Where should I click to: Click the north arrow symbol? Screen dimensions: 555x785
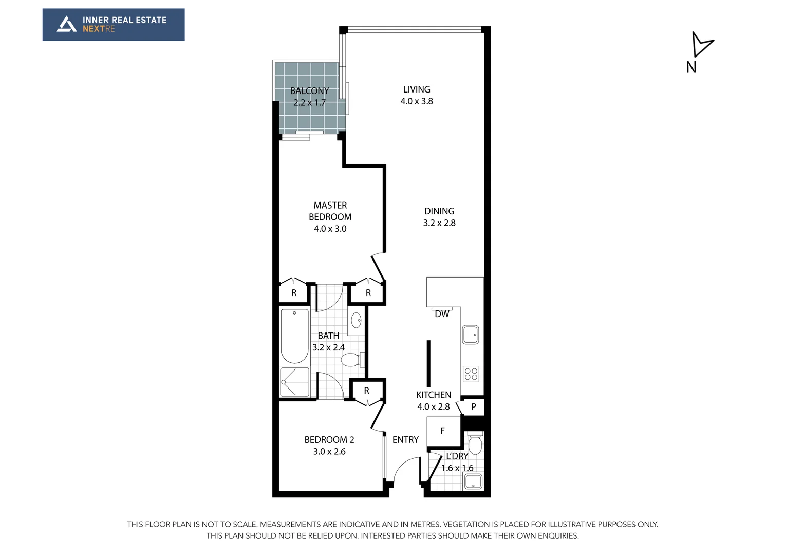[701, 45]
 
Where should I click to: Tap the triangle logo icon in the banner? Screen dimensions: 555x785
[66, 24]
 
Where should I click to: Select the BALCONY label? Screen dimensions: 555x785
[309, 91]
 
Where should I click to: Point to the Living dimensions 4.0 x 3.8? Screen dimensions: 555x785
[417, 101]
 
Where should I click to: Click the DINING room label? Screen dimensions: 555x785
[439, 211]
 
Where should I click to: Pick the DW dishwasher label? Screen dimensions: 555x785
[442, 314]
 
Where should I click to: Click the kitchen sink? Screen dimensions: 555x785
[470, 335]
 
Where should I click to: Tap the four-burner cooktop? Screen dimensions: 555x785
[471, 374]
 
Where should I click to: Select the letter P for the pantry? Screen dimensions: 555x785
[474, 407]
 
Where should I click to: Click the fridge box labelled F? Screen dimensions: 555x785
[443, 431]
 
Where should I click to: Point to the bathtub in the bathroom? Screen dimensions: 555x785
[294, 336]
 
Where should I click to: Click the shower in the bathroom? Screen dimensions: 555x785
[294, 382]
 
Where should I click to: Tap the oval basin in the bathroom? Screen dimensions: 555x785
[356, 321]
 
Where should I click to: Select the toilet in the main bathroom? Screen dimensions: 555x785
[351, 360]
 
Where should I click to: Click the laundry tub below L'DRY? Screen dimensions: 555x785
[473, 482]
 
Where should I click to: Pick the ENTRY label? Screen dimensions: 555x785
[405, 440]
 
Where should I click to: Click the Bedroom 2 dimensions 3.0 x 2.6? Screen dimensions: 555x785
[329, 452]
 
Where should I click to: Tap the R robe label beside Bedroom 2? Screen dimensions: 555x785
[367, 391]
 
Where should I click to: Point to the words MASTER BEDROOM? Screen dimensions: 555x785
[330, 211]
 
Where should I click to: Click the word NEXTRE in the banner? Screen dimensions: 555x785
[99, 29]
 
